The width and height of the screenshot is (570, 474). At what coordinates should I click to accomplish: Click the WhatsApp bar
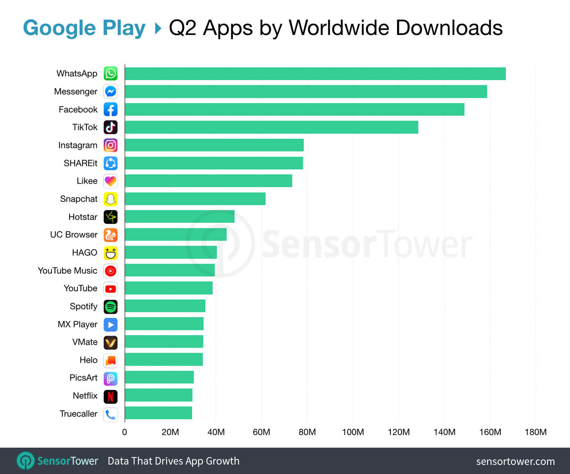pyautogui.click(x=315, y=74)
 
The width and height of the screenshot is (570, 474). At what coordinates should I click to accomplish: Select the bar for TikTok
pyautogui.click(x=271, y=127)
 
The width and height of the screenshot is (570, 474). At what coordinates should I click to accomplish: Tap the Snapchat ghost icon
pyautogui.click(x=110, y=199)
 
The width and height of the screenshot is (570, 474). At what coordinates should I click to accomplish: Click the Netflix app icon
pyautogui.click(x=110, y=396)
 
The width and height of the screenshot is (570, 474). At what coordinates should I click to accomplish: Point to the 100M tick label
pyautogui.click(x=353, y=432)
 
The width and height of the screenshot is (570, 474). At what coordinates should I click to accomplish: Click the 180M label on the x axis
pyautogui.click(x=535, y=432)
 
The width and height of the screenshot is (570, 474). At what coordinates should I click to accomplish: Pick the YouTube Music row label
pyautogui.click(x=67, y=271)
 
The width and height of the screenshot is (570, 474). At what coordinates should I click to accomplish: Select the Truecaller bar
pyautogui.click(x=158, y=413)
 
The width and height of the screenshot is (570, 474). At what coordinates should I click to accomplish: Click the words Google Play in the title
pyautogui.click(x=84, y=28)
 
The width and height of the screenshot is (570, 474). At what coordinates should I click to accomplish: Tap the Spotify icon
pyautogui.click(x=110, y=306)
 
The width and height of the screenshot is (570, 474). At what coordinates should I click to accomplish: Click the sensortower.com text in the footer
pyautogui.click(x=515, y=461)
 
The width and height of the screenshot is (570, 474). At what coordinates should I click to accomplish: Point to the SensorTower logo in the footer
pyautogui.click(x=57, y=461)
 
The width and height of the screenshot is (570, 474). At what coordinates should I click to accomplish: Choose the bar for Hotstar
pyautogui.click(x=180, y=216)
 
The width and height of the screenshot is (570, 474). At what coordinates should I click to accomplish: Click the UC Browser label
pyautogui.click(x=74, y=234)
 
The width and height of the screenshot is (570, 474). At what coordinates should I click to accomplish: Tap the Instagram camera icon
pyautogui.click(x=110, y=145)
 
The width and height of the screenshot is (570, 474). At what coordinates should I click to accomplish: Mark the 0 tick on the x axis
pyautogui.click(x=125, y=432)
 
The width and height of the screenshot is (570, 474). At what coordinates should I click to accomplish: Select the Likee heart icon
pyautogui.click(x=110, y=181)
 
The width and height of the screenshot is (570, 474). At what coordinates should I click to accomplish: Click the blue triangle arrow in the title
pyautogui.click(x=158, y=28)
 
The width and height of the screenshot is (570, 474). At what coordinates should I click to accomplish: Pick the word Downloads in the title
pyautogui.click(x=449, y=28)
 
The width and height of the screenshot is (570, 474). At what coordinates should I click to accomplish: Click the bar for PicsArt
pyautogui.click(x=159, y=377)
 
